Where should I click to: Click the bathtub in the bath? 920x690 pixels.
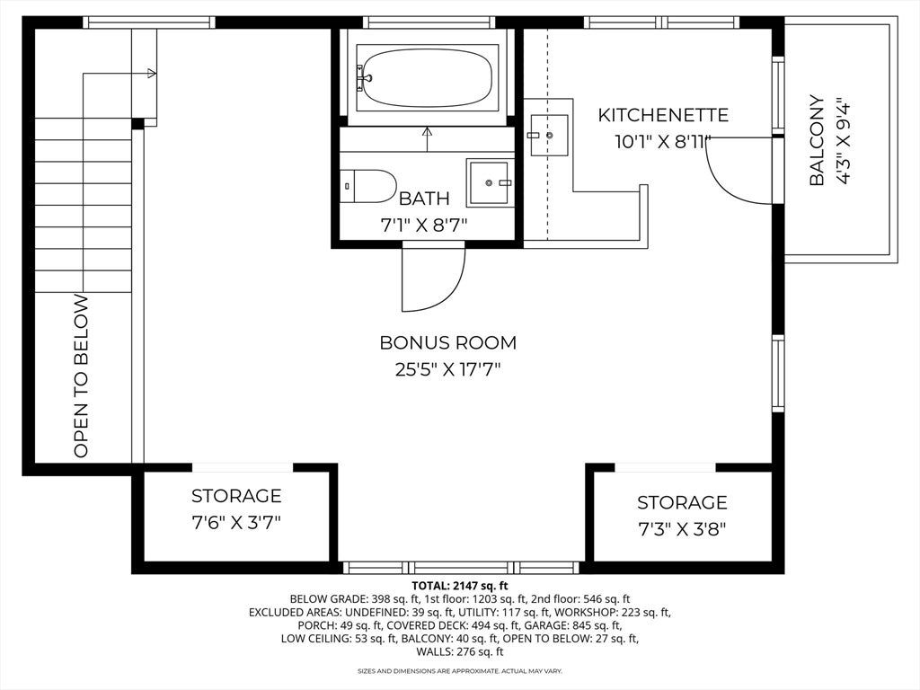coord(426,78)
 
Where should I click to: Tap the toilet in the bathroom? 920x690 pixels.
coord(367,186)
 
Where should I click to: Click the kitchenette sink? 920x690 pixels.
coord(549,136)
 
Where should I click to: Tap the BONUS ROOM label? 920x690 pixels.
coord(448,342)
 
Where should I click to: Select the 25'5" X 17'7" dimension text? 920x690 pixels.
coord(448,369)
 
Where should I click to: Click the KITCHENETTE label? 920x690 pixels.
coord(663,115)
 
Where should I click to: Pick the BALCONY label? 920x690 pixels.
coord(818,140)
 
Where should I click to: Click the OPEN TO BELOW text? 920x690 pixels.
coord(81,376)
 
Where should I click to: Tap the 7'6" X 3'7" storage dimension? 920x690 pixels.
coord(236,522)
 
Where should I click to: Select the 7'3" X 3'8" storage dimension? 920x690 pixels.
coord(682,529)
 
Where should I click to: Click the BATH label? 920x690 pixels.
coord(424,199)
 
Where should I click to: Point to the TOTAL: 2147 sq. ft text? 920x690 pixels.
coord(460,586)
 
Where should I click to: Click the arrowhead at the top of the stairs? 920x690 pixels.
coord(152,74)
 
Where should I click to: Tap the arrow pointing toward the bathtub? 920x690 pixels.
coord(427,139)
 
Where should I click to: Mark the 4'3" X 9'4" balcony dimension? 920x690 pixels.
coord(843,140)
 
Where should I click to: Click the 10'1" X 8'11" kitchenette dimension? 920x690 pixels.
coord(663,141)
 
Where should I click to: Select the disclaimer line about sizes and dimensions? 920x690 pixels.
coord(460,670)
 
